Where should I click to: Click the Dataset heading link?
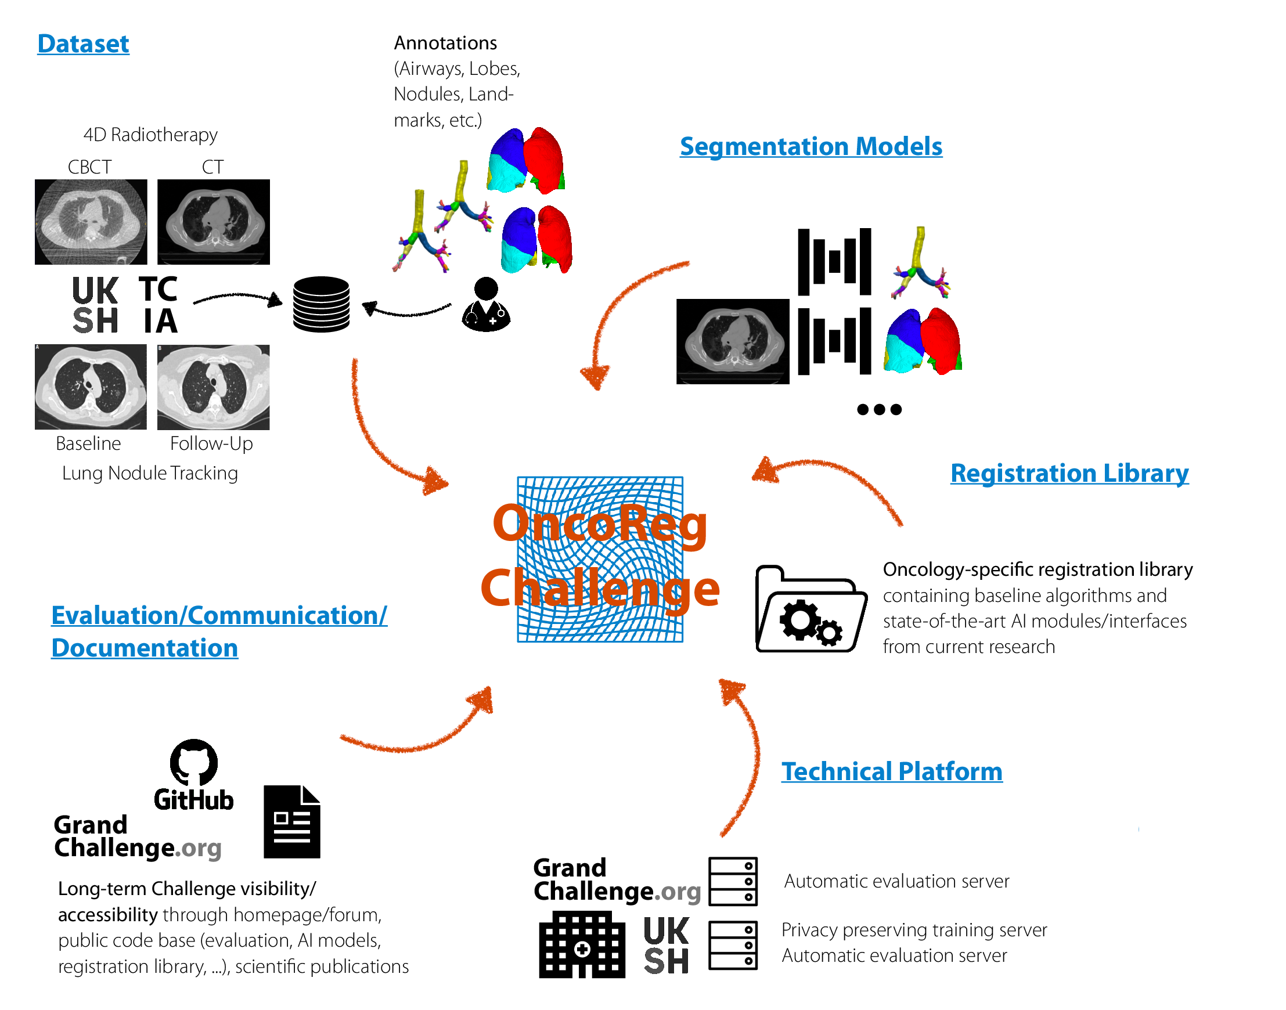[84, 44]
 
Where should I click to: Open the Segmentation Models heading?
[811, 147]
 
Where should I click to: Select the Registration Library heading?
[1069, 474]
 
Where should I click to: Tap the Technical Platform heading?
[892, 771]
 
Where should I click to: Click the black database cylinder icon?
[321, 304]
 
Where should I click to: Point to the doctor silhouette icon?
[487, 305]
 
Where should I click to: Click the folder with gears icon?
[812, 609]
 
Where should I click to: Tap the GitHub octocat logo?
[193, 762]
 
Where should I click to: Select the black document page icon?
[292, 821]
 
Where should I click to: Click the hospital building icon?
[582, 944]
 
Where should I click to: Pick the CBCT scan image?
[91, 222]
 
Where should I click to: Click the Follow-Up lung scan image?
[214, 387]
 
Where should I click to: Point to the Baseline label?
[88, 443]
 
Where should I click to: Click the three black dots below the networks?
[880, 409]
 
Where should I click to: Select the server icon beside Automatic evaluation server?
[733, 881]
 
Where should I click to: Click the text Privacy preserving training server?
[914, 930]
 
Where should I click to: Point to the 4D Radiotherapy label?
[150, 135]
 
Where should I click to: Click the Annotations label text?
[445, 43]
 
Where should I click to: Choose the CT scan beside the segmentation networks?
[733, 342]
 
